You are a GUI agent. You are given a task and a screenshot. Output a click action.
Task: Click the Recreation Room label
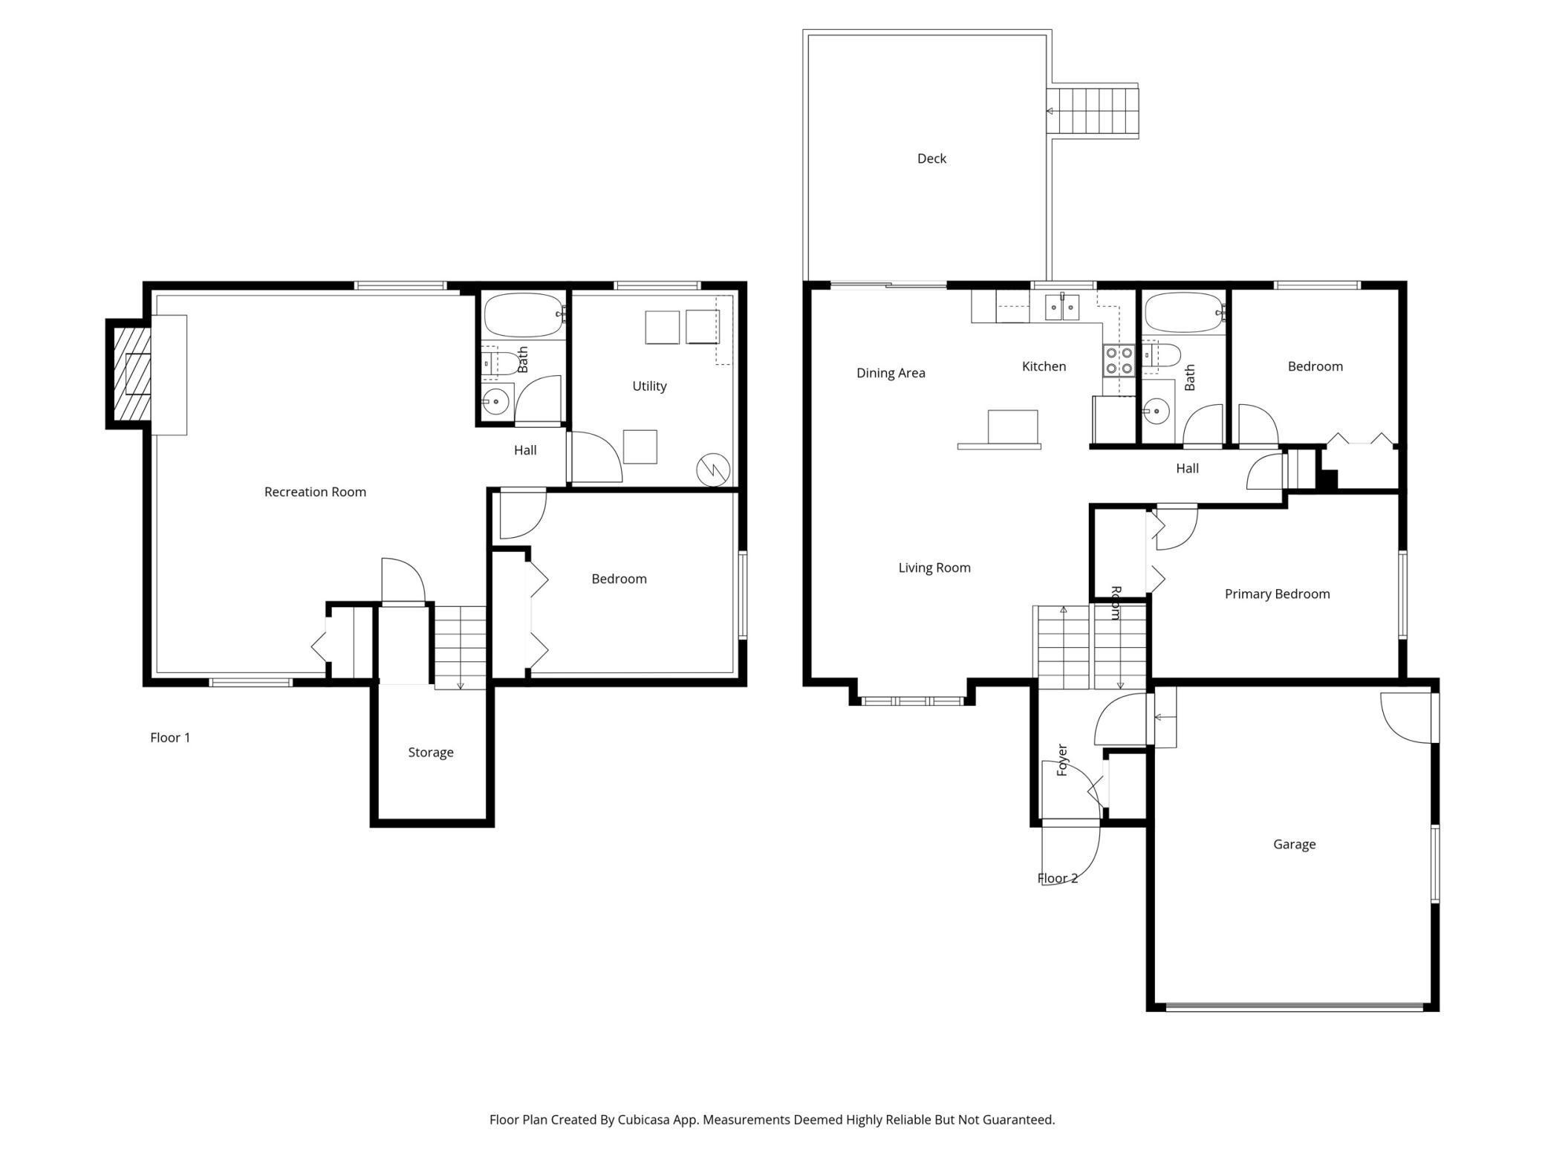pos(315,492)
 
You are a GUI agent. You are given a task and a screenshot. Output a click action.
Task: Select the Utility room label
pos(649,386)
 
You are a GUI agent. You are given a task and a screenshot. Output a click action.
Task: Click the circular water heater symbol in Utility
pos(713,470)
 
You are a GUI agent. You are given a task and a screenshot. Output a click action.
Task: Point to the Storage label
pos(431,753)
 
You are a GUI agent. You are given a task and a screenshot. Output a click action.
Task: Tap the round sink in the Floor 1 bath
pos(495,402)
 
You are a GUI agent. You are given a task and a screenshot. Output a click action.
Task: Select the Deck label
pos(931,158)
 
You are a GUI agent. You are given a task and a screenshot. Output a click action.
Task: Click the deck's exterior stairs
pos(1092,111)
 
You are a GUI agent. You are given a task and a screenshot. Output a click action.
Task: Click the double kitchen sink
pos(1062,307)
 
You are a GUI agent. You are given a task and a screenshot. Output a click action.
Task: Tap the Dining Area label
pos(891,373)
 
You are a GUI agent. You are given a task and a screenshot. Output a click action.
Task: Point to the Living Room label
pos(934,568)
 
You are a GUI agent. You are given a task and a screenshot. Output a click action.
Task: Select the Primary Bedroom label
pos(1277,594)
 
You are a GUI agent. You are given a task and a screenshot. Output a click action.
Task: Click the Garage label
pos(1294,845)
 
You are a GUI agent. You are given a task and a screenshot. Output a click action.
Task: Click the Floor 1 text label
pos(170,738)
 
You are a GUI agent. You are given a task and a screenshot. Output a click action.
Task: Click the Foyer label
pos(1061,760)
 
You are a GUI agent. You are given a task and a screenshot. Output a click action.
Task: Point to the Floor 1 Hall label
pos(525,450)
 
